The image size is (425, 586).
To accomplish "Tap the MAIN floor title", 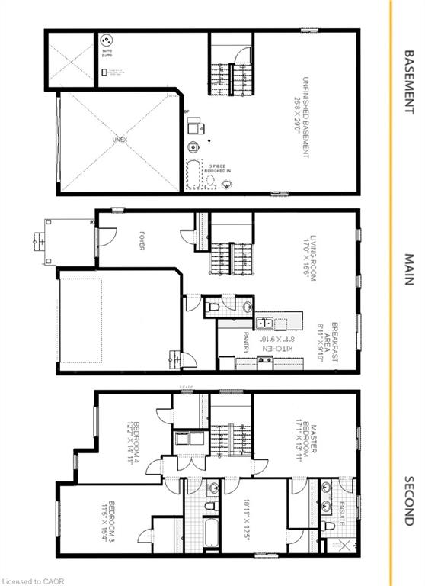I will pos(409,269).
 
